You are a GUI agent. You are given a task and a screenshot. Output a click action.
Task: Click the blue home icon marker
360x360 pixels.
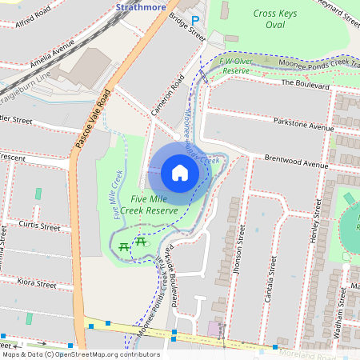tap(180, 173)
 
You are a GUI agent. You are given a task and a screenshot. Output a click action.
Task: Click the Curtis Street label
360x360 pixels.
tap(39, 227)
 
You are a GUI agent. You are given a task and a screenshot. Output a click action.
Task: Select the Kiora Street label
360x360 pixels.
tap(35, 284)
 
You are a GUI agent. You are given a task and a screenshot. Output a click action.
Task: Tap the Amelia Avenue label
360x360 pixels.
tap(51, 52)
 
